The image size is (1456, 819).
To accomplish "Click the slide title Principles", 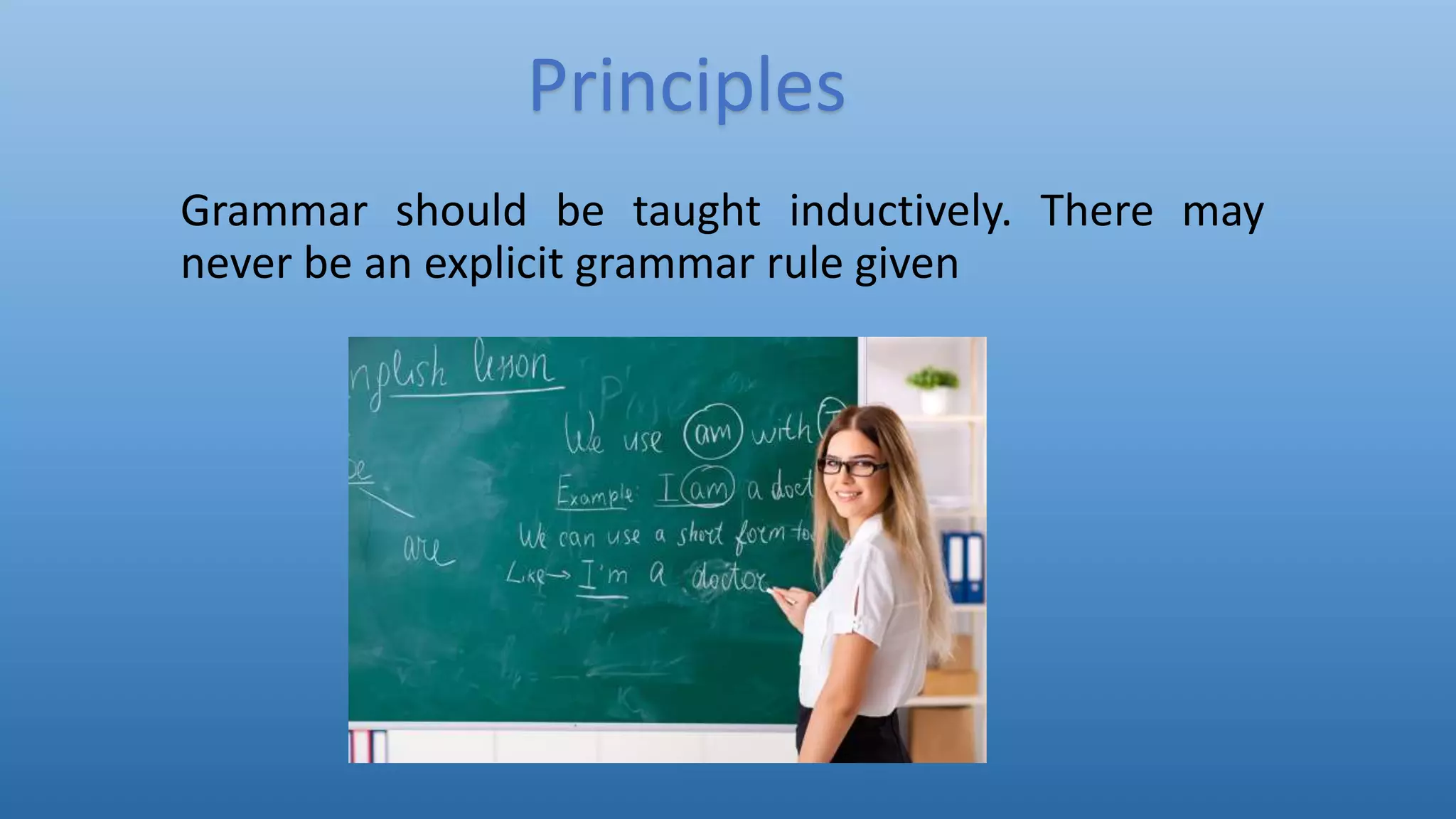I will coord(687,87).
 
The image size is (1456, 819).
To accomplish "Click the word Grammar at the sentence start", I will coord(274,211).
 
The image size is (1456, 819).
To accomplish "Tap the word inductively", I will coord(899,211).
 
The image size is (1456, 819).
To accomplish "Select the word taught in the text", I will coord(697,211).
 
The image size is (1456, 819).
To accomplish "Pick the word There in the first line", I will coord(1096,211).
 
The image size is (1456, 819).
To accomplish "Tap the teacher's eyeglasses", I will coord(851,467).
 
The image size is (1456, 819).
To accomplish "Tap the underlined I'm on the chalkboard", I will coord(603,574).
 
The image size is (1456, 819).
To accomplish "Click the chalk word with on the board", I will coord(781,429).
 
